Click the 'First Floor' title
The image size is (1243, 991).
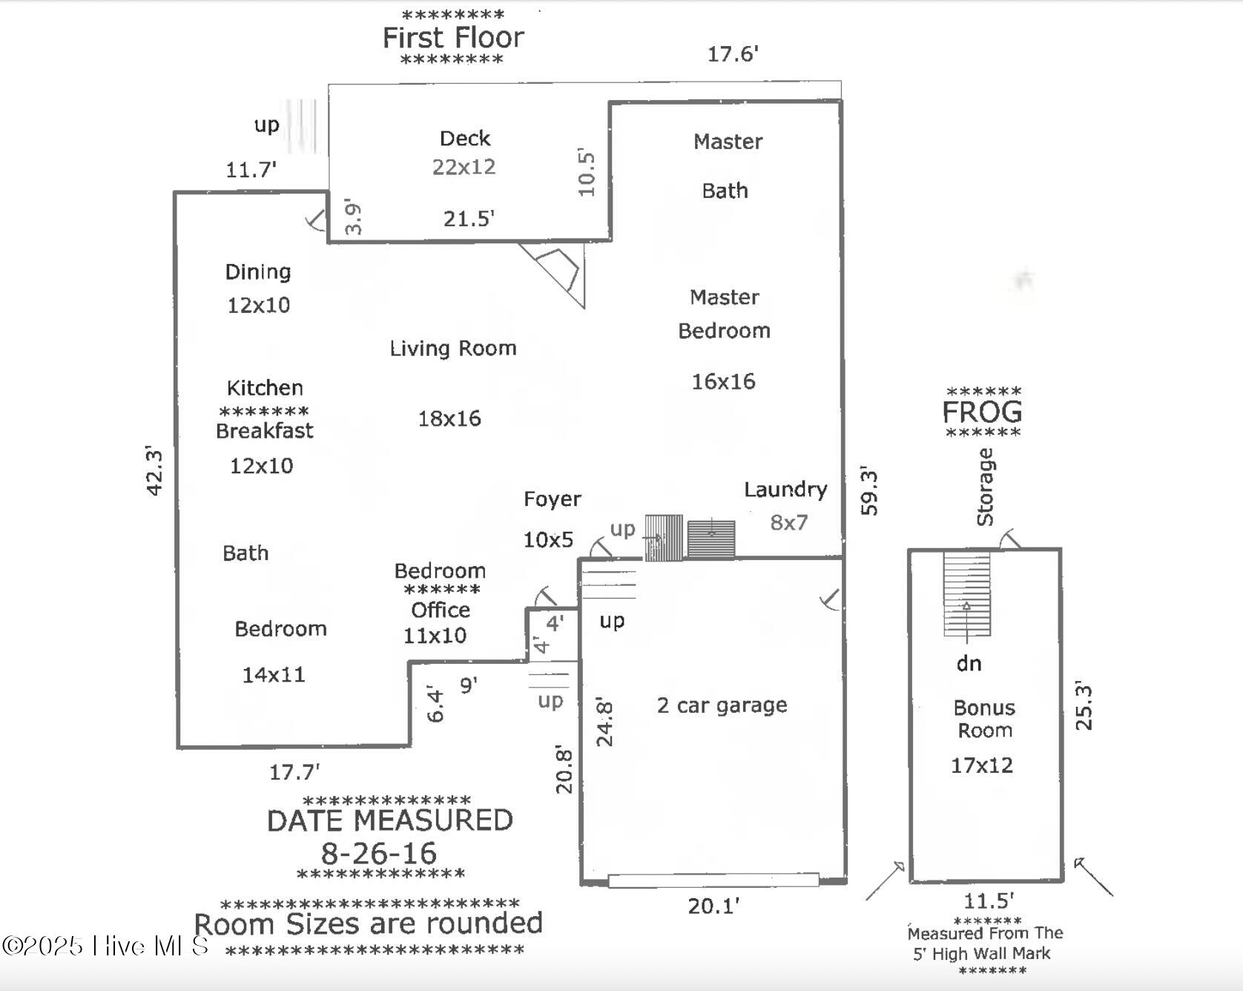pos(453,37)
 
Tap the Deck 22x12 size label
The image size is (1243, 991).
pos(464,167)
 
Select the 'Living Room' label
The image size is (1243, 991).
pos(453,348)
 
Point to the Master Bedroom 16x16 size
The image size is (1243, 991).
pos(723,381)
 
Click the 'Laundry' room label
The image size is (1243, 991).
pos(785,490)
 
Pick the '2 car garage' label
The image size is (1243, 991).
pos(722,705)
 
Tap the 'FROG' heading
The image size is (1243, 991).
pos(982,412)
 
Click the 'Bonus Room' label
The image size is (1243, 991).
pos(984,719)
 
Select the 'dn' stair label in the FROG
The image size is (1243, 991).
pos(969,663)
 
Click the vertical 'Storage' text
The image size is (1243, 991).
pos(985,487)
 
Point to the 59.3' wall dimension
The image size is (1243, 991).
pos(868,491)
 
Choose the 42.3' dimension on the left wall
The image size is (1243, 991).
pos(154,470)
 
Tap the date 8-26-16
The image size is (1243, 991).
pos(379,853)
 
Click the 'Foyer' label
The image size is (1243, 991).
pos(552,499)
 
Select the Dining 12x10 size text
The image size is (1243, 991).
pos(258,305)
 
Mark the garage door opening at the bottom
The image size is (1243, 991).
pos(713,880)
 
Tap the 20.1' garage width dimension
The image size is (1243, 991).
pos(713,906)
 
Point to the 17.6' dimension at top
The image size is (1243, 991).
pos(732,53)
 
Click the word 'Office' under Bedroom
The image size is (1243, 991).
pos(441,610)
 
